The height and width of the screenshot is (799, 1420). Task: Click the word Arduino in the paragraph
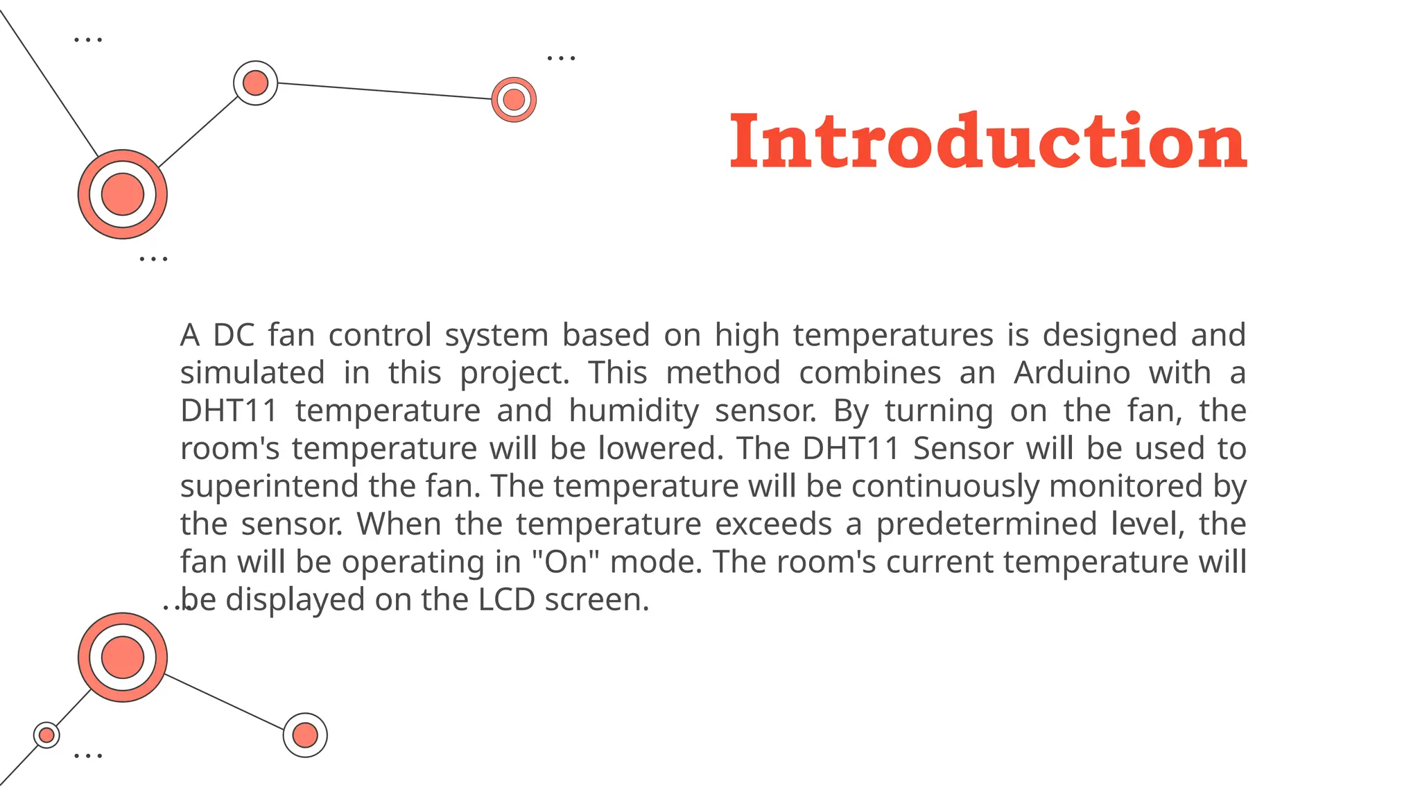pyautogui.click(x=1072, y=373)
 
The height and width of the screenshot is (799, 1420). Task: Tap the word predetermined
pyautogui.click(x=986, y=524)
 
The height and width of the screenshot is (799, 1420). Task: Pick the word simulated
pyautogui.click(x=252, y=373)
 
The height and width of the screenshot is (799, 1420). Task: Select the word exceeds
pyautogui.click(x=773, y=524)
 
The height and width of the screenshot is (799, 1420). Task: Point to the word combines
pyautogui.click(x=869, y=373)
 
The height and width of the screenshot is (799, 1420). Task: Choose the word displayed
pyautogui.click(x=295, y=600)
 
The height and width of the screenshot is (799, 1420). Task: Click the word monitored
pyautogui.click(x=1125, y=486)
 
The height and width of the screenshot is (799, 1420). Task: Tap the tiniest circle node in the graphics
pyautogui.click(x=46, y=734)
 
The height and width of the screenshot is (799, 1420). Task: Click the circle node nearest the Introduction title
pyautogui.click(x=514, y=99)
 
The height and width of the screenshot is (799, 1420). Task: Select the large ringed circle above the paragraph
pyautogui.click(x=123, y=194)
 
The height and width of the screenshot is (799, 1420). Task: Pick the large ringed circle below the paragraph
pyautogui.click(x=123, y=657)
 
